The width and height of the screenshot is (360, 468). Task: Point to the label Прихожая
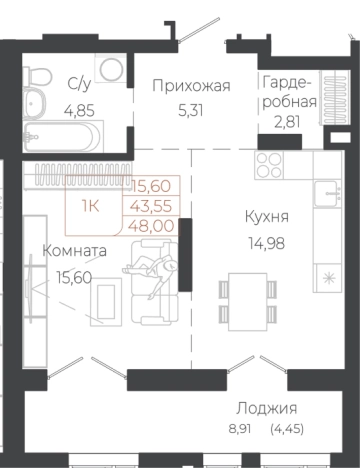tap(191, 85)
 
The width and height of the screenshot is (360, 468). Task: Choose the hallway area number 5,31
tap(191, 109)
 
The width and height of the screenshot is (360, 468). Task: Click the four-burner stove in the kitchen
tap(271, 167)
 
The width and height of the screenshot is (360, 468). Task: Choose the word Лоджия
tap(267, 408)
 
